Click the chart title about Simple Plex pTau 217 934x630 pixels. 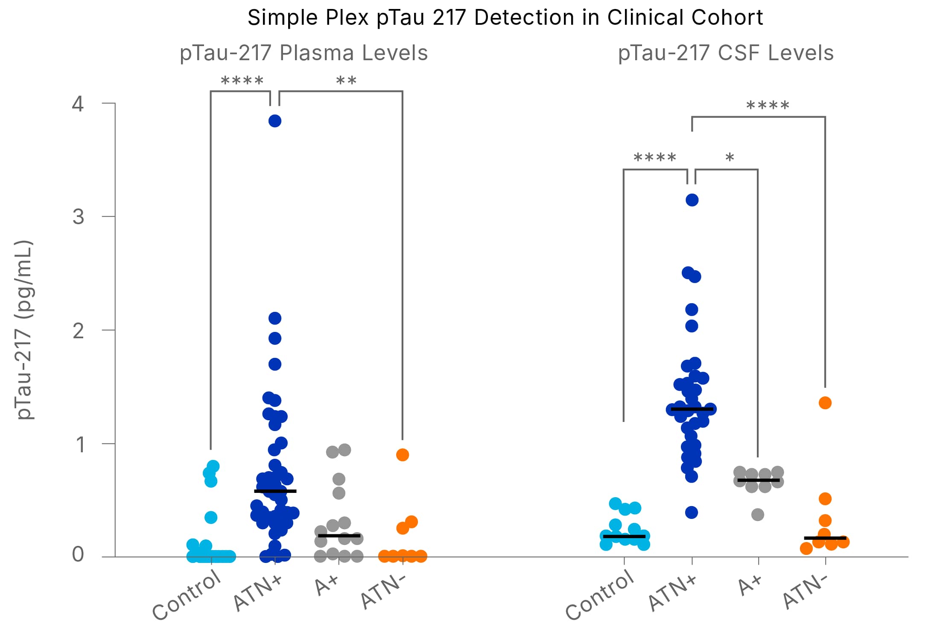505,18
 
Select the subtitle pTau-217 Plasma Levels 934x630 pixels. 304,53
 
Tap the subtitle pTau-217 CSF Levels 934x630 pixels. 726,53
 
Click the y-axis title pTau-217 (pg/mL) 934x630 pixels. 23,330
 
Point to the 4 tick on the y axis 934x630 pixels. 78,104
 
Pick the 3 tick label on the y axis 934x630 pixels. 78,217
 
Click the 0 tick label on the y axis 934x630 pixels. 78,554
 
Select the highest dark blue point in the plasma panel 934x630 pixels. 274,121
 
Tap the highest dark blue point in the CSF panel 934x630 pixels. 692,200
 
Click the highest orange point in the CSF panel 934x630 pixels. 825,403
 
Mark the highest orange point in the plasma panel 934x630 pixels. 402,455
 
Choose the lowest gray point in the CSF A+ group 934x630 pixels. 757,515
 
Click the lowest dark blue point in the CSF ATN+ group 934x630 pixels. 692,513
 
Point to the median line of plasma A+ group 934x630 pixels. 339,536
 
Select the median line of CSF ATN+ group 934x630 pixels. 692,409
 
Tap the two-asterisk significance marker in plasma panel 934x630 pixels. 346,81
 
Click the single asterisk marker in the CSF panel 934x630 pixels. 730,158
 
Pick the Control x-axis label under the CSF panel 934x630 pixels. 600,595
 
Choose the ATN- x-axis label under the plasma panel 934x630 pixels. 383,591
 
